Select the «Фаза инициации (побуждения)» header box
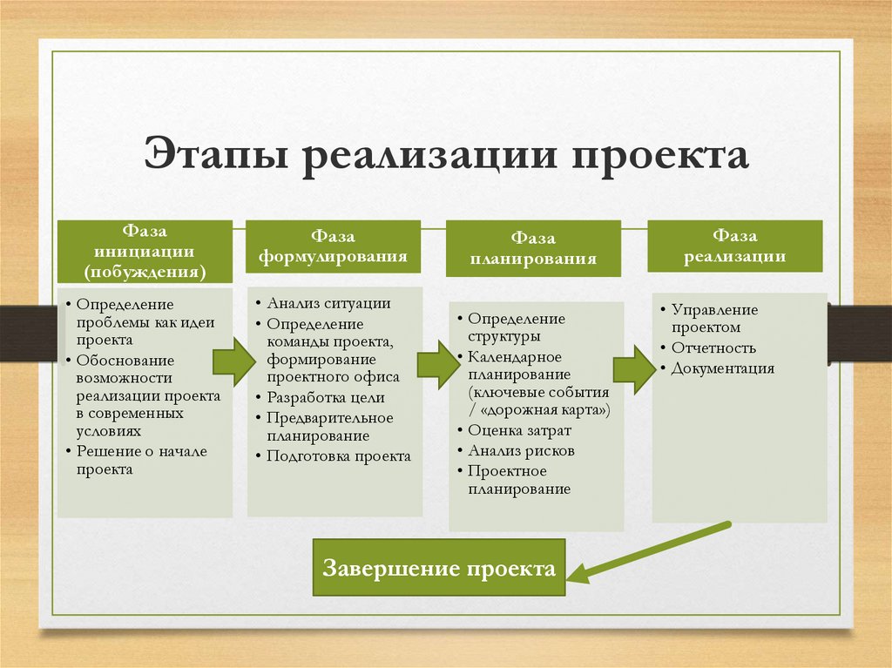[145, 251]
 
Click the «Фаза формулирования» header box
[333, 246]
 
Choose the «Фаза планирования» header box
[533, 249]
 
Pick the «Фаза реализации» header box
[735, 246]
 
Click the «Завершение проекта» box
[439, 568]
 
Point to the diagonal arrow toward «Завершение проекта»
[648, 552]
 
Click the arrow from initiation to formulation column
[233, 361]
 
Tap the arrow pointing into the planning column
[438, 365]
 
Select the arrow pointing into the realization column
[634, 370]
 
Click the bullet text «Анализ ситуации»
[328, 303]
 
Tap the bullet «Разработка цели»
[326, 397]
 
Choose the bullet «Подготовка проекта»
[339, 455]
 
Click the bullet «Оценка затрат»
[519, 430]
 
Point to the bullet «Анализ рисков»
[521, 450]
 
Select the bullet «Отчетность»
[713, 347]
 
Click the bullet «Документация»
[723, 368]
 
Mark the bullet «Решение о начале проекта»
[142, 461]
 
